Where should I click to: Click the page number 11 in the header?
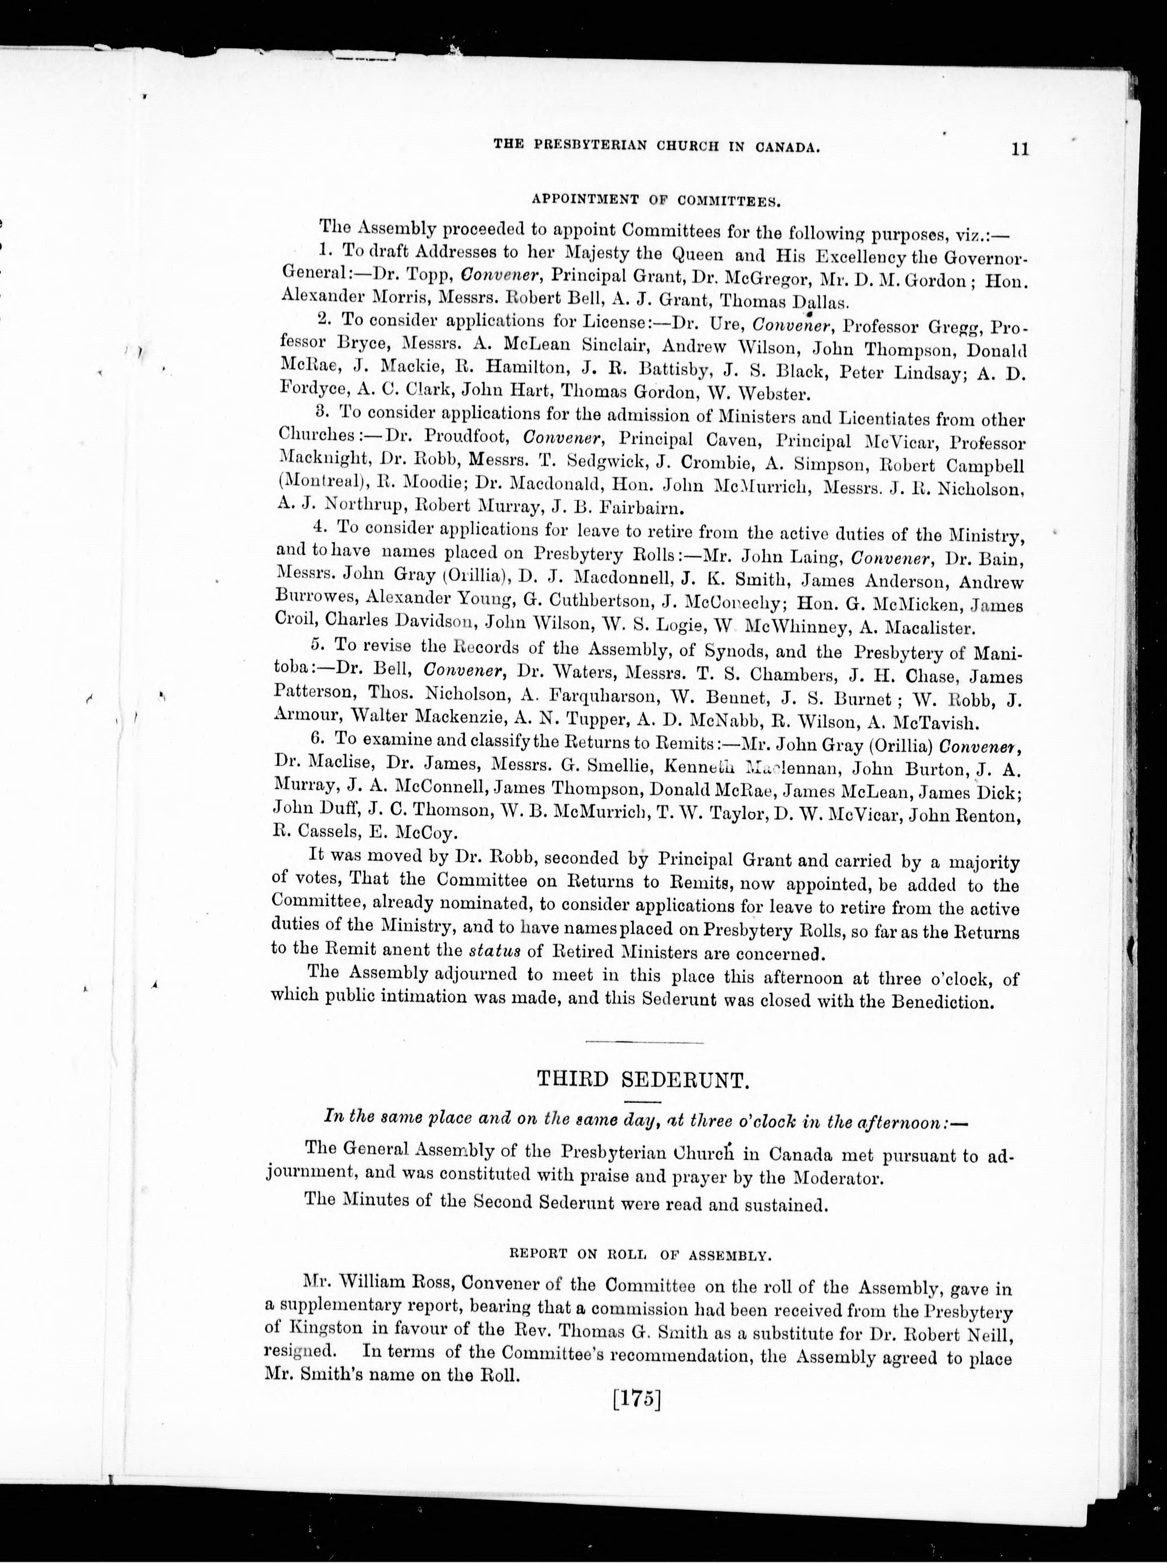click(1020, 149)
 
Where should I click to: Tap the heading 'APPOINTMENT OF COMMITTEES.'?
click(655, 200)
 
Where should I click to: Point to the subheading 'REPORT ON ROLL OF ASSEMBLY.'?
click(640, 1254)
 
